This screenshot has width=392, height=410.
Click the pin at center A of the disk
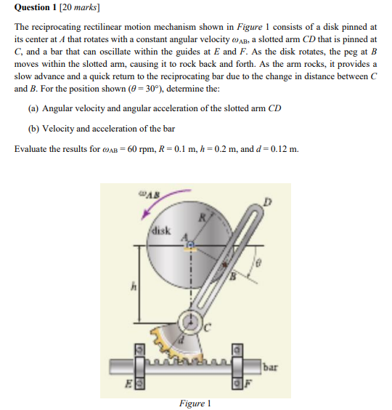coord(191,246)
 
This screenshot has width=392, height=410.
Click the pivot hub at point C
coord(192,321)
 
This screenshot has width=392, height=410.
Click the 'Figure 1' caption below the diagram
coord(195,403)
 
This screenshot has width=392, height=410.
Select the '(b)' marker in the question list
coord(33,129)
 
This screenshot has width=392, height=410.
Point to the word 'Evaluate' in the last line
coord(32,150)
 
